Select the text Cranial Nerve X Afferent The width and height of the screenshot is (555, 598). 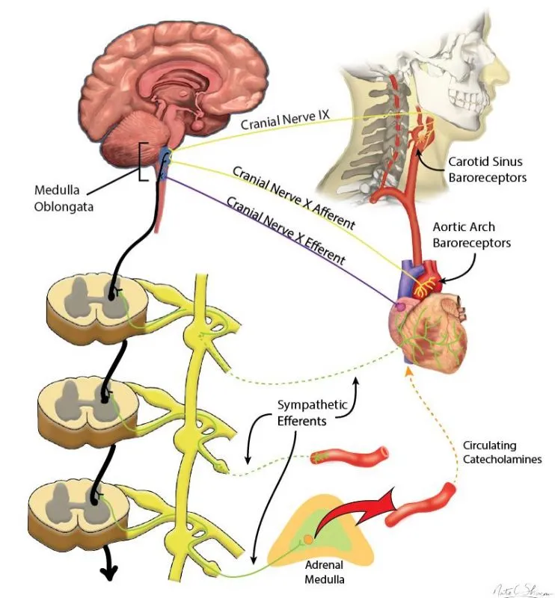pos(293,197)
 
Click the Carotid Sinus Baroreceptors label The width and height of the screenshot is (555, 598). pos(487,168)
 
